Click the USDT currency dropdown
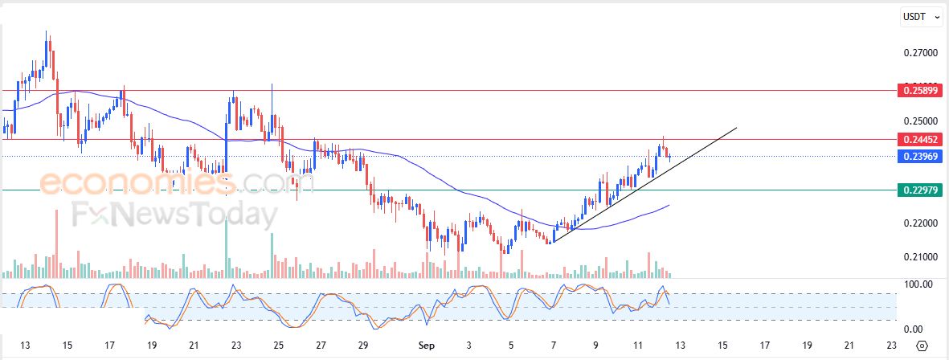pos(921,17)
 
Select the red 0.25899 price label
pos(918,91)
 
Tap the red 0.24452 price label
pos(918,139)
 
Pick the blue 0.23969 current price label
pos(918,156)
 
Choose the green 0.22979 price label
pos(918,190)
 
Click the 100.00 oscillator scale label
pos(918,284)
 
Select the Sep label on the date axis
pos(427,346)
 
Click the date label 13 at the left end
pos(26,346)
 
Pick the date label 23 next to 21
pos(236,346)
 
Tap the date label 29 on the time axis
pos(363,346)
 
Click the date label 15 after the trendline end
pos(722,346)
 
